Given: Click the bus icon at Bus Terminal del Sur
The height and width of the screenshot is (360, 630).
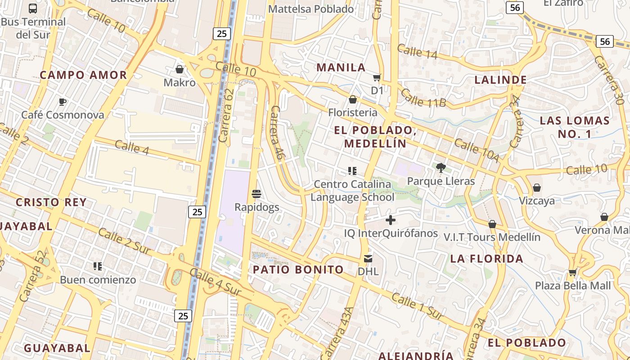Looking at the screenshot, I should click(33, 8).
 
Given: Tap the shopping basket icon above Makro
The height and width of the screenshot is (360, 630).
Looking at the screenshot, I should click(180, 69).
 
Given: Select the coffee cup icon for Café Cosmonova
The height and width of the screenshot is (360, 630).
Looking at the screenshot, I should click(63, 102).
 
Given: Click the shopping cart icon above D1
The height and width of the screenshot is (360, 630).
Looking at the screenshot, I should click(377, 77).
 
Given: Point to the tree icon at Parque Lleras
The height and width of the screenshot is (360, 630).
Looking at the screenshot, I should click(441, 168).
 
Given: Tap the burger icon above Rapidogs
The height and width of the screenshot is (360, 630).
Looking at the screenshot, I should click(256, 194).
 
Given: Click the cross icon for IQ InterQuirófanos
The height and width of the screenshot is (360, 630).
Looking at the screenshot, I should click(391, 220).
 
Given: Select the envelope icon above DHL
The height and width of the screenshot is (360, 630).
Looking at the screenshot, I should click(368, 259).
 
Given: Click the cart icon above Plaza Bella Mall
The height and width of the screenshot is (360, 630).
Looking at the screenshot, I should click(572, 272).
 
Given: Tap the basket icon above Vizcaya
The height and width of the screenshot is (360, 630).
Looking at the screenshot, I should click(536, 188).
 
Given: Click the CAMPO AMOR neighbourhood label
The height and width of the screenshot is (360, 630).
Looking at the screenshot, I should click(83, 75).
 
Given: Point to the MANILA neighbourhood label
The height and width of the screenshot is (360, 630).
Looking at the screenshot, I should click(341, 67).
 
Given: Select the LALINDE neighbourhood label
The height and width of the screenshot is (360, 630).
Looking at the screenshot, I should click(500, 80).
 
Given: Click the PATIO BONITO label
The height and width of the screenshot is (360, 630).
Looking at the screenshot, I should click(298, 270).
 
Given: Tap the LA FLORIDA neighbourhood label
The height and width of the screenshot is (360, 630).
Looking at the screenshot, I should click(487, 259).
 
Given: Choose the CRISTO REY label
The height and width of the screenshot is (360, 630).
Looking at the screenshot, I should click(51, 202).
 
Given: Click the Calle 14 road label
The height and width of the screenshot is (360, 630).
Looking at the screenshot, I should click(417, 51).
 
